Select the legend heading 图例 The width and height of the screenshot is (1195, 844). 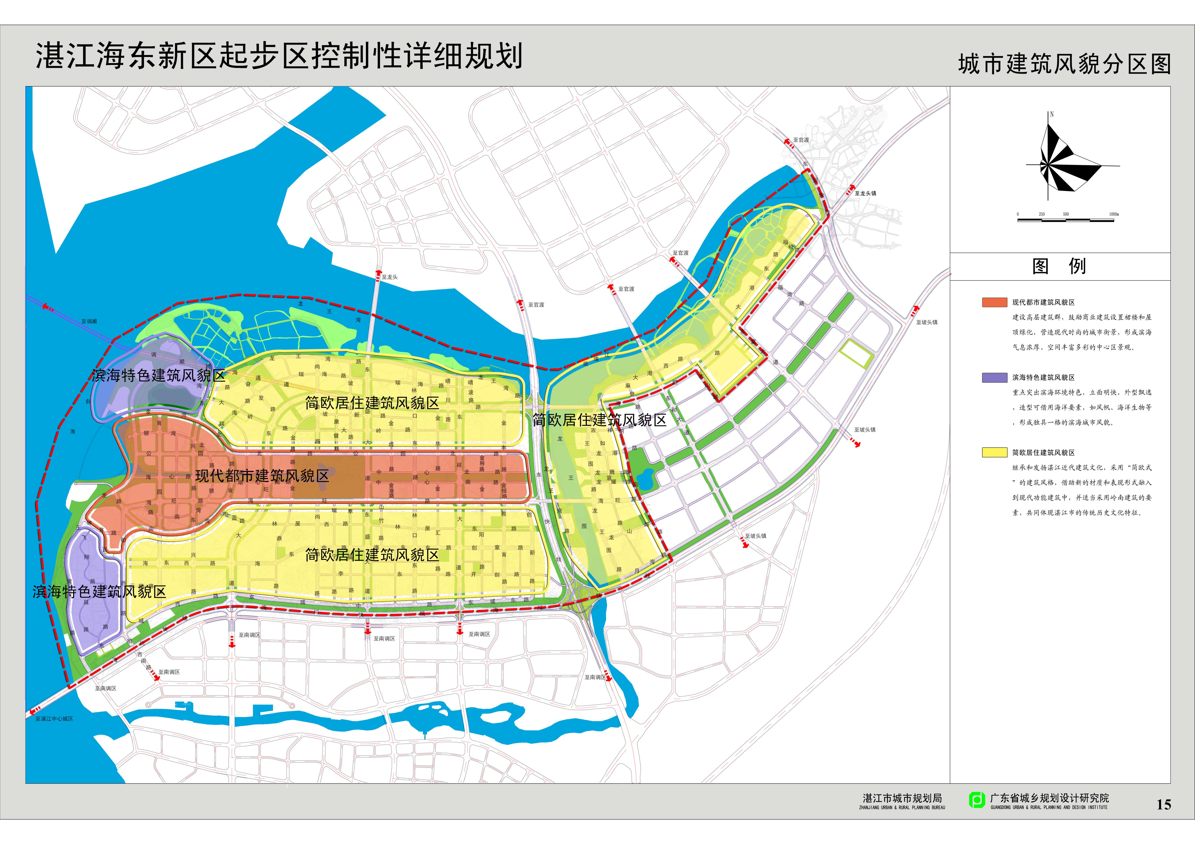coord(1059,266)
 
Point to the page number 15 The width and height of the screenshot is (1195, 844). coord(1164,805)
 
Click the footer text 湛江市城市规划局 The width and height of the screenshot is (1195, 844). coord(902,798)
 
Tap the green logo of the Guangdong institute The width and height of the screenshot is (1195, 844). coord(976,800)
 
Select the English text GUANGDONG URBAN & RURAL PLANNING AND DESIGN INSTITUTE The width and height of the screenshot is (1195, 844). coord(1049,808)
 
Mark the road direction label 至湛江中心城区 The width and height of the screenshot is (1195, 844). coord(54,719)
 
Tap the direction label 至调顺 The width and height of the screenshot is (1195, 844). coord(89,322)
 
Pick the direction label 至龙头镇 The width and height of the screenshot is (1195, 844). coord(865,193)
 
